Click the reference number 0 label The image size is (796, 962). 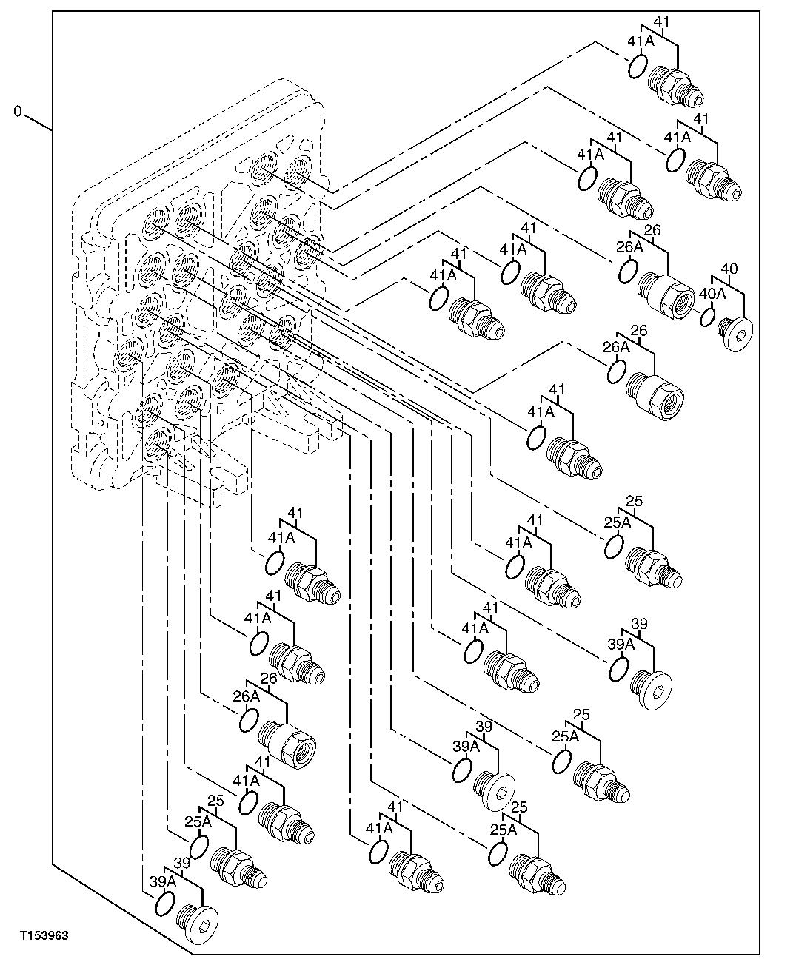point(18,112)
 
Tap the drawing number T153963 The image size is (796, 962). point(44,936)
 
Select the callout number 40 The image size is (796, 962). point(729,268)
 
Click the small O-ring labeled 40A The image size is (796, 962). point(706,317)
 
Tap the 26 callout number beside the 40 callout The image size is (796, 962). point(652,231)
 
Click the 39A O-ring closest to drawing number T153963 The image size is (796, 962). point(164,904)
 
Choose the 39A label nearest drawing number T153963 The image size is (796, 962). point(162,881)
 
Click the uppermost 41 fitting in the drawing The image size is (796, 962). point(675,84)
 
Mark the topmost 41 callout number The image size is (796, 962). point(661,21)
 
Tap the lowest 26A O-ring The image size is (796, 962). point(249,719)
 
